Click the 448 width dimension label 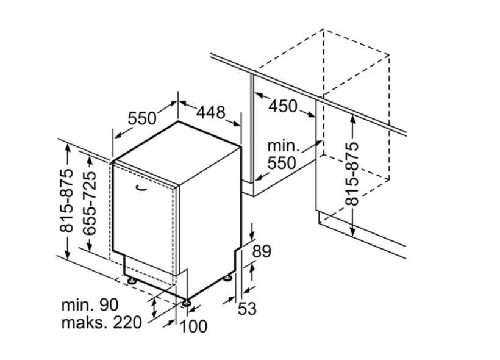pos(211,112)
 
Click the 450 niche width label pos(283,106)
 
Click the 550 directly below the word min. pos(282,163)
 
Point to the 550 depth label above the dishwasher pos(142,118)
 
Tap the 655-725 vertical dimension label pos(89,203)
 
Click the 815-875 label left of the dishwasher pos(66,200)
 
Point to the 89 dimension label pos(262,251)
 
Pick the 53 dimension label pos(248,309)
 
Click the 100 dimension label pos(194,326)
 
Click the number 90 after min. pos(109,305)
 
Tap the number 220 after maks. pos(127,322)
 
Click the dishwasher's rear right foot pos(227,278)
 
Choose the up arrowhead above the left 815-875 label pos(67,148)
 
